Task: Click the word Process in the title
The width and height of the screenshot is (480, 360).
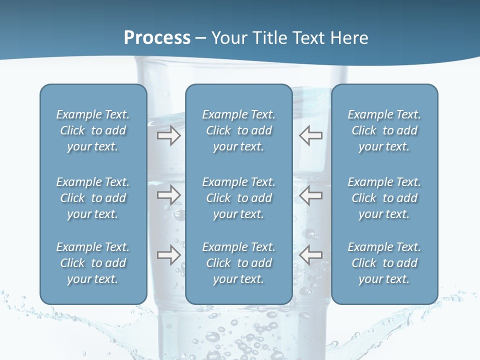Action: pyautogui.click(x=157, y=38)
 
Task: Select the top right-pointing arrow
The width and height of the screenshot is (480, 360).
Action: pyautogui.click(x=168, y=135)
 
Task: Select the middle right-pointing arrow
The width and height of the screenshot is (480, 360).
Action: pyautogui.click(x=168, y=195)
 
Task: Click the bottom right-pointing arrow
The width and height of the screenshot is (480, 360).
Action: pyautogui.click(x=168, y=255)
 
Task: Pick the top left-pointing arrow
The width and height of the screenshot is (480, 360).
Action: pyautogui.click(x=311, y=135)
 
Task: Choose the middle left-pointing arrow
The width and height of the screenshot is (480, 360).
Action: pyautogui.click(x=311, y=195)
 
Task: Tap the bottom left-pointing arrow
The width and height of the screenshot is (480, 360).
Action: pyautogui.click(x=311, y=255)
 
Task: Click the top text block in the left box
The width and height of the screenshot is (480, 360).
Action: pyautogui.click(x=93, y=130)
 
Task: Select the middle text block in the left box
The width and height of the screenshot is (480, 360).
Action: pyautogui.click(x=93, y=198)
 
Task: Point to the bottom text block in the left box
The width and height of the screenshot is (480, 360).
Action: pyautogui.click(x=93, y=263)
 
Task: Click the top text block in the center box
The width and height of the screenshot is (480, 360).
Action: pyautogui.click(x=238, y=130)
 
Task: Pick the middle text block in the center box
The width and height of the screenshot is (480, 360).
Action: pyautogui.click(x=238, y=198)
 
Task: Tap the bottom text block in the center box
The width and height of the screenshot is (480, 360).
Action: pyautogui.click(x=238, y=263)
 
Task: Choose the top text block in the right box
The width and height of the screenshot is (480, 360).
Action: pyautogui.click(x=384, y=130)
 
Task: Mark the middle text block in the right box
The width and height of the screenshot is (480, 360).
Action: pyautogui.click(x=384, y=198)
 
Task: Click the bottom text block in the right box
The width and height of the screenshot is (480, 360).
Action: pyautogui.click(x=384, y=263)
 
